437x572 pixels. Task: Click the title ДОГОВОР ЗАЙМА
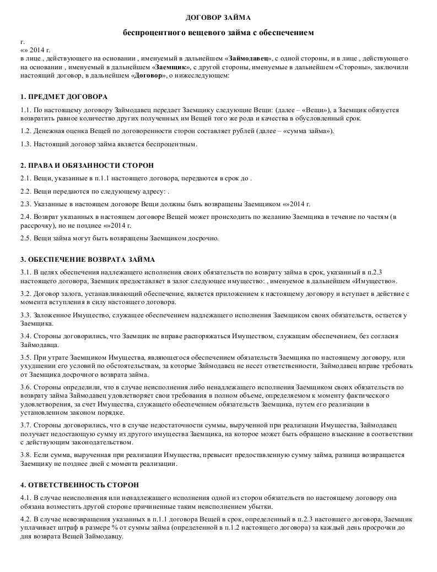point(218,18)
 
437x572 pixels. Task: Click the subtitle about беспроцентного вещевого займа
point(218,33)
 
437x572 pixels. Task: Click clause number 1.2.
point(25,131)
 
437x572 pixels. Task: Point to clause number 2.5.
point(25,238)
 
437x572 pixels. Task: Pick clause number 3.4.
point(25,336)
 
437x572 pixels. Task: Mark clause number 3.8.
point(25,455)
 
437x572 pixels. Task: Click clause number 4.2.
point(25,519)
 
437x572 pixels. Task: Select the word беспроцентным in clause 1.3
point(170,144)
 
